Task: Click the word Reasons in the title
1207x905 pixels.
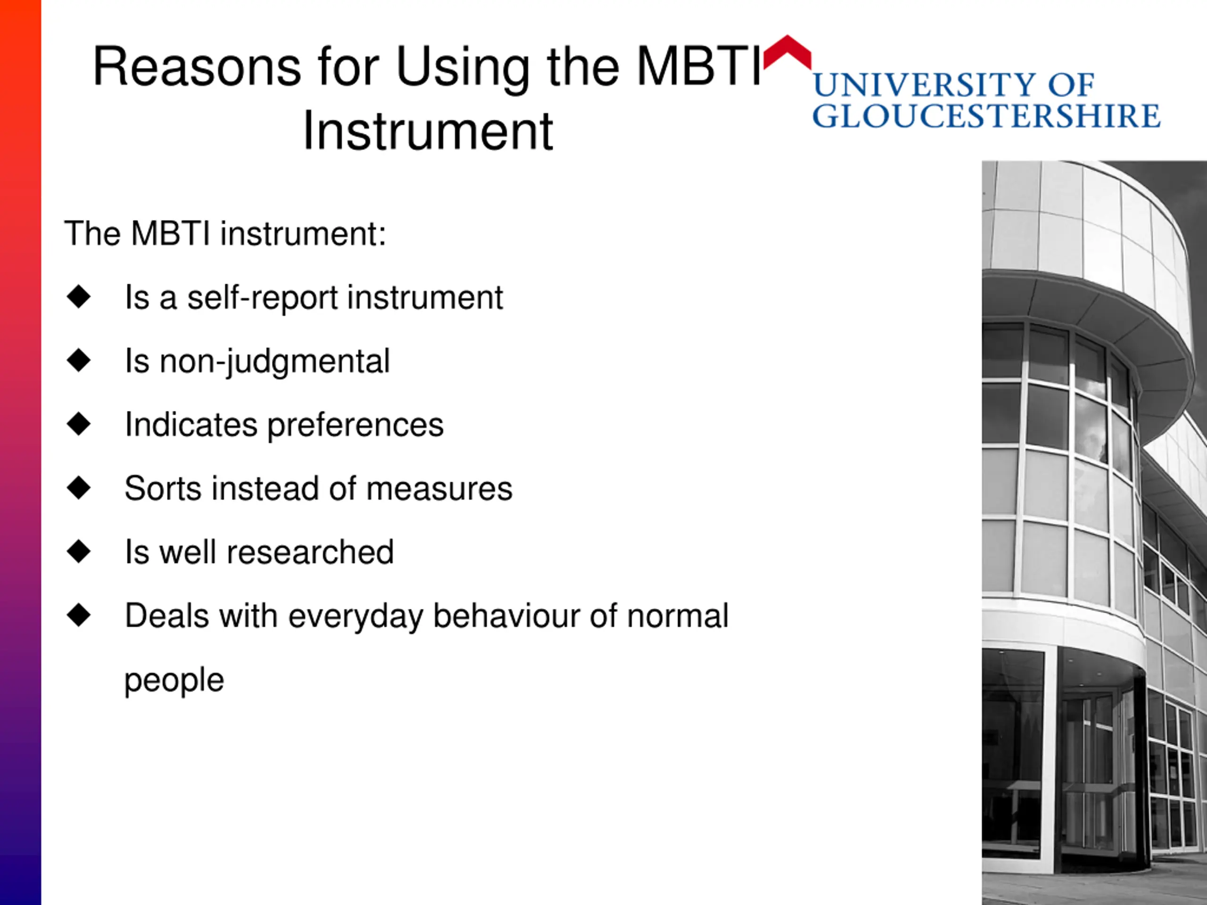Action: click(x=197, y=66)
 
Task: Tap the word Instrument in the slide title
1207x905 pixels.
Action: click(x=428, y=132)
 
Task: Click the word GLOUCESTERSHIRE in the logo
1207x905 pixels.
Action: click(x=986, y=115)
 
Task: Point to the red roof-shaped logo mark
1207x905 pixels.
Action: click(x=787, y=52)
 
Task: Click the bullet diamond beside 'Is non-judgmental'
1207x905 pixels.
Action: click(x=79, y=360)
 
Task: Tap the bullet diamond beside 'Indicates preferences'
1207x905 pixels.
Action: click(x=79, y=424)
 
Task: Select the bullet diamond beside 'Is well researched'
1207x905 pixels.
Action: click(x=79, y=551)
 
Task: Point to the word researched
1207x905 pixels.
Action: click(x=310, y=552)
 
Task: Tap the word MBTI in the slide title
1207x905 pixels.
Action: click(x=698, y=66)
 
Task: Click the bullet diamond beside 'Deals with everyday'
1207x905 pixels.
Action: click(x=79, y=615)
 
